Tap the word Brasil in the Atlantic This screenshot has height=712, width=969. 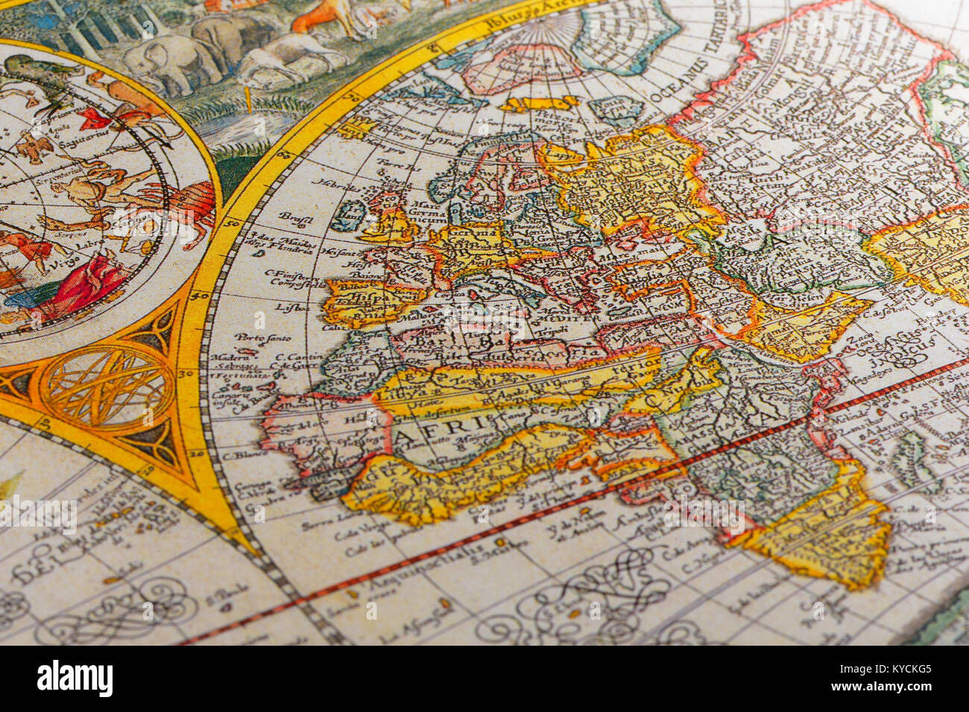295,216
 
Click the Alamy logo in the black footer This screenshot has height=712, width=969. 75,678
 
